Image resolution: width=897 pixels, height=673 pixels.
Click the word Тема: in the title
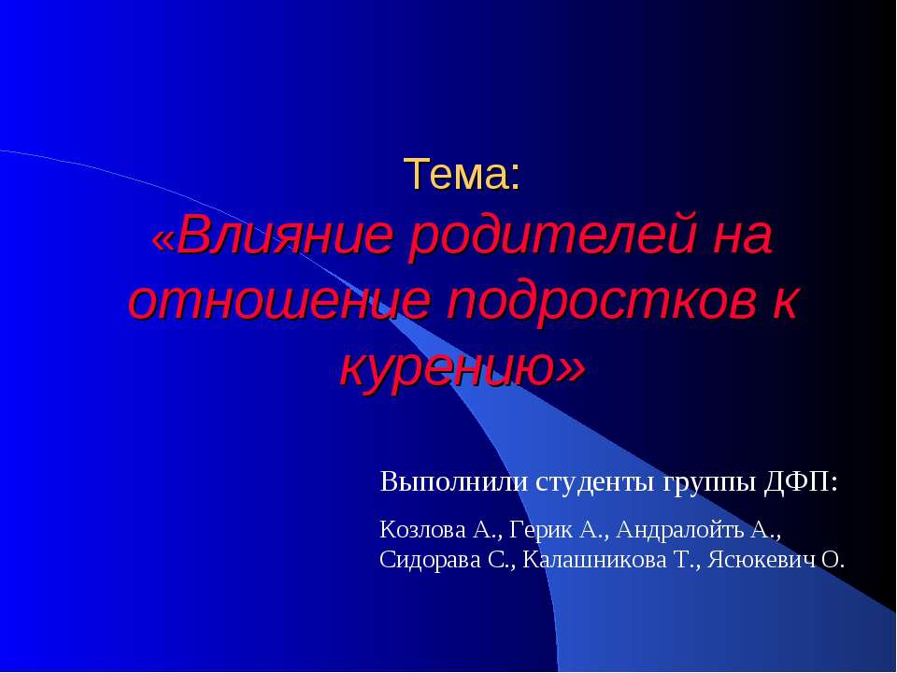pyautogui.click(x=462, y=175)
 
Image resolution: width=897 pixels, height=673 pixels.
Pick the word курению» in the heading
pyautogui.click(x=462, y=365)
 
